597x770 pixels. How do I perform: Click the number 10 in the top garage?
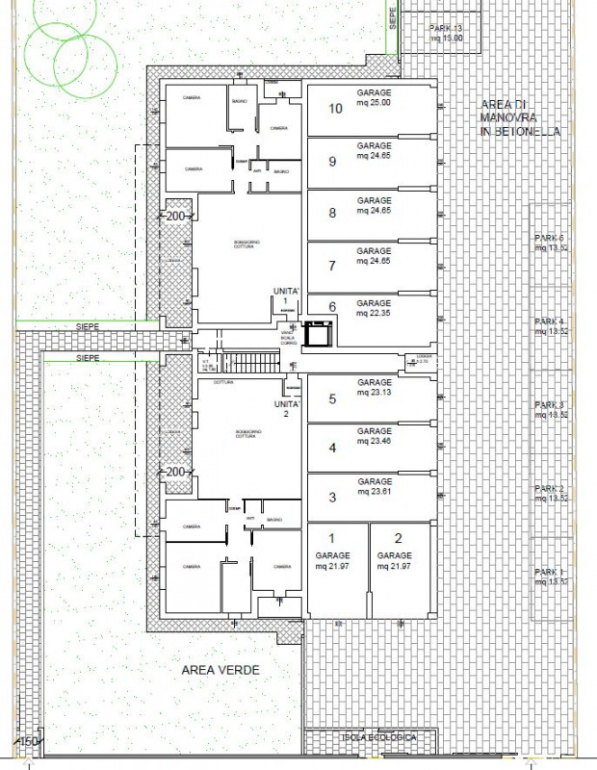(336, 109)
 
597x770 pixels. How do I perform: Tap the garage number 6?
(332, 307)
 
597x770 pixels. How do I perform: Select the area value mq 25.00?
(375, 103)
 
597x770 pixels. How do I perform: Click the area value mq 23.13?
(375, 393)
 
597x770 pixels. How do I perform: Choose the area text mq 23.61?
(375, 492)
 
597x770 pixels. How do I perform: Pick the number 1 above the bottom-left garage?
(331, 538)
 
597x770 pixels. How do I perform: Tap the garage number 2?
(394, 538)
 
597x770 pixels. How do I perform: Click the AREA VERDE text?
(221, 670)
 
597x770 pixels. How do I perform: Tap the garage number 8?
(332, 213)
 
